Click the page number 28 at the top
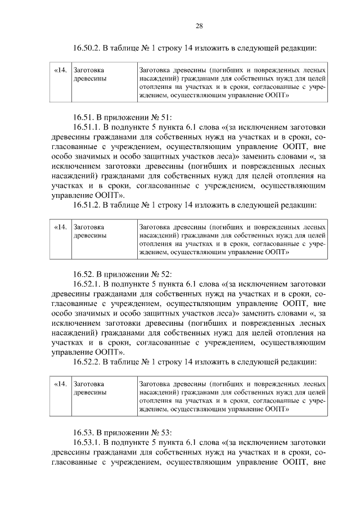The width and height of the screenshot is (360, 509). pyautogui.click(x=199, y=25)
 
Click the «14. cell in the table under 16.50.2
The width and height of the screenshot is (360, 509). pyautogui.click(x=60, y=71)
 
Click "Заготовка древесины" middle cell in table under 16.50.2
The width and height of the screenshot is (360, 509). pyautogui.click(x=90, y=75)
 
